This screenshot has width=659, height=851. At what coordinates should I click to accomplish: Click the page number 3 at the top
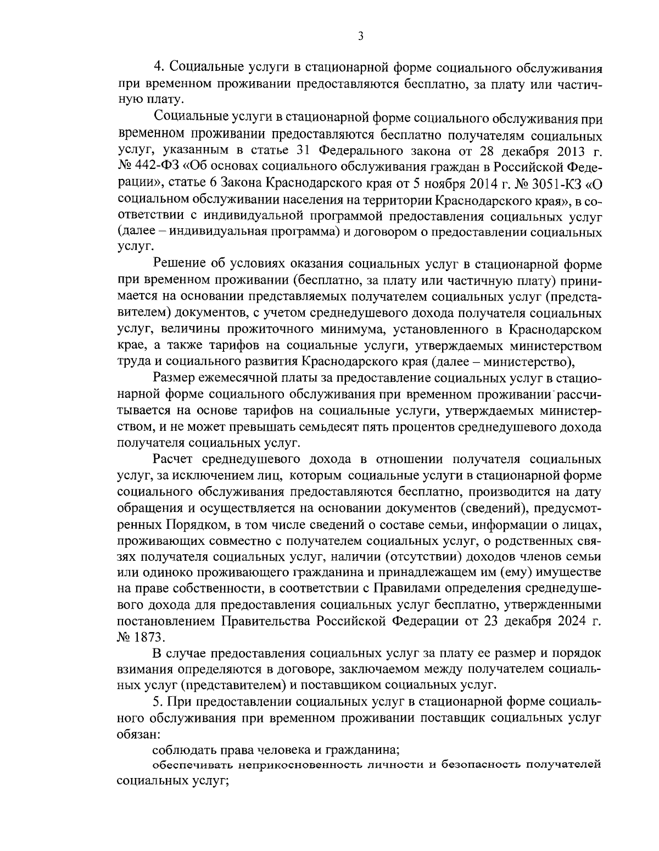click(x=360, y=37)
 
